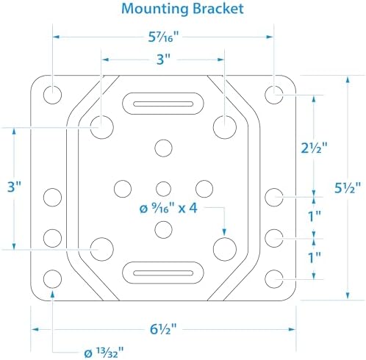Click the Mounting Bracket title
click(x=182, y=9)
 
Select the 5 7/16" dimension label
click(x=164, y=37)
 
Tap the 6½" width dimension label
click(x=163, y=329)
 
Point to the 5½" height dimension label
click(x=348, y=188)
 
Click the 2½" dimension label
click(x=314, y=148)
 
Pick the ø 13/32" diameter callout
click(x=104, y=353)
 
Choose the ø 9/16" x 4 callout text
click(x=168, y=209)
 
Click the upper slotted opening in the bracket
click(x=163, y=104)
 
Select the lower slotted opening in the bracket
click(x=163, y=273)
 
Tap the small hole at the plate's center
click(x=163, y=189)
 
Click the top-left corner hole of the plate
click(x=52, y=95)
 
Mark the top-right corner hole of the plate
click(x=274, y=95)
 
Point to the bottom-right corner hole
click(x=274, y=279)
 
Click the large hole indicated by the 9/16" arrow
click(x=225, y=249)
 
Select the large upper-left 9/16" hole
click(x=102, y=127)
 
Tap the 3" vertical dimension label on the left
click(x=15, y=187)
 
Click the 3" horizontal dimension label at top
click(x=163, y=60)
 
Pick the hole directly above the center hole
click(x=163, y=148)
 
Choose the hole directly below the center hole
click(x=163, y=230)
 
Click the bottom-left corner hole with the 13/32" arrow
click(x=52, y=279)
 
